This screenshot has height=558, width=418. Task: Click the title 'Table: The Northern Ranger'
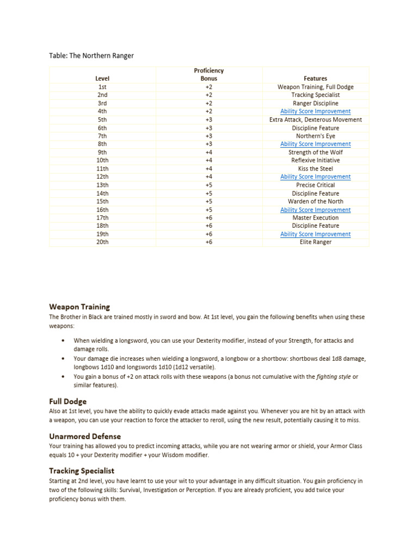91,56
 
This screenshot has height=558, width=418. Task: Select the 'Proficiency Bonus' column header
208,75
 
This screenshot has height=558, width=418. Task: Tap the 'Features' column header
315,78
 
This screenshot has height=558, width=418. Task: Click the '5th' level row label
102,119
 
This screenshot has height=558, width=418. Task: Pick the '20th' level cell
102,242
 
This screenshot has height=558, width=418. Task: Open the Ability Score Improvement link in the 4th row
315,111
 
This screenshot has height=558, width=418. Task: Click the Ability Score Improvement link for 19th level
315,234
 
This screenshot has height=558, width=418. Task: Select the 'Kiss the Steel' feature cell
315,169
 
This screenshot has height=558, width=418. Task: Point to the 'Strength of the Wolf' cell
315,153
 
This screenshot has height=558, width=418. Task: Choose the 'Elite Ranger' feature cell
315,242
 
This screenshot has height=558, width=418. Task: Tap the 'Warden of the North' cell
315,202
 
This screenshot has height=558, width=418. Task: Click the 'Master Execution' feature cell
315,218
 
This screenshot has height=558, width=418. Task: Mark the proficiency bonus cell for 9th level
208,153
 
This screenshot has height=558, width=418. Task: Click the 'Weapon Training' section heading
79,307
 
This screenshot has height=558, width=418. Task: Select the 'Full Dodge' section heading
68,402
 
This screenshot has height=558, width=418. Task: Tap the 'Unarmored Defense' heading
85,436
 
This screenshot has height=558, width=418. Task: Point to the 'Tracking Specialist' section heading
82,471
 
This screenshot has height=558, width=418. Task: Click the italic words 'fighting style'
334,377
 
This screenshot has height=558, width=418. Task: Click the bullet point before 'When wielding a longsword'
64,341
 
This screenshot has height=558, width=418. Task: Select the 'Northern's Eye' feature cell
315,136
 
